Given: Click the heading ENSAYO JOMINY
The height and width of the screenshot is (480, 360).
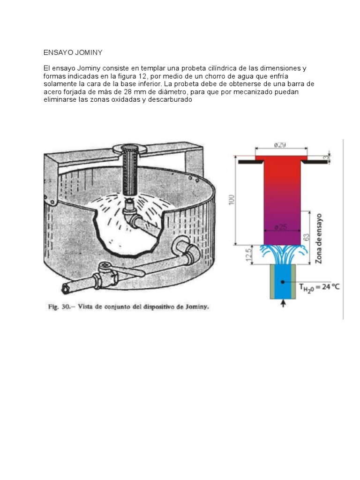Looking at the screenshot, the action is (73, 52).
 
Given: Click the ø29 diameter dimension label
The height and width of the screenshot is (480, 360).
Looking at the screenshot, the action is (280, 144).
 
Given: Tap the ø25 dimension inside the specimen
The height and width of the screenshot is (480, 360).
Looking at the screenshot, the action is (281, 227).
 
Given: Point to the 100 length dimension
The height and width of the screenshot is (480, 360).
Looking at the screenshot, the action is (232, 200).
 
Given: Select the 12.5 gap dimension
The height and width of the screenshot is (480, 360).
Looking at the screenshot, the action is (249, 255).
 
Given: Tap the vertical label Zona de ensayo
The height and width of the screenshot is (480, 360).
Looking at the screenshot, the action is (319, 239).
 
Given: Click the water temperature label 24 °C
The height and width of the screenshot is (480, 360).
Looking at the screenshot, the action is (330, 287).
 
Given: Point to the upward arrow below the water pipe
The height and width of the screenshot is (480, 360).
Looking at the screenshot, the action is (283, 303).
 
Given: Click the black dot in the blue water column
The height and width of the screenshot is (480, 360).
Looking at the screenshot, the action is (283, 282).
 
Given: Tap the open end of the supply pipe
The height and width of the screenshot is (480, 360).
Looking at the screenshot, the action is (66, 288).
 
